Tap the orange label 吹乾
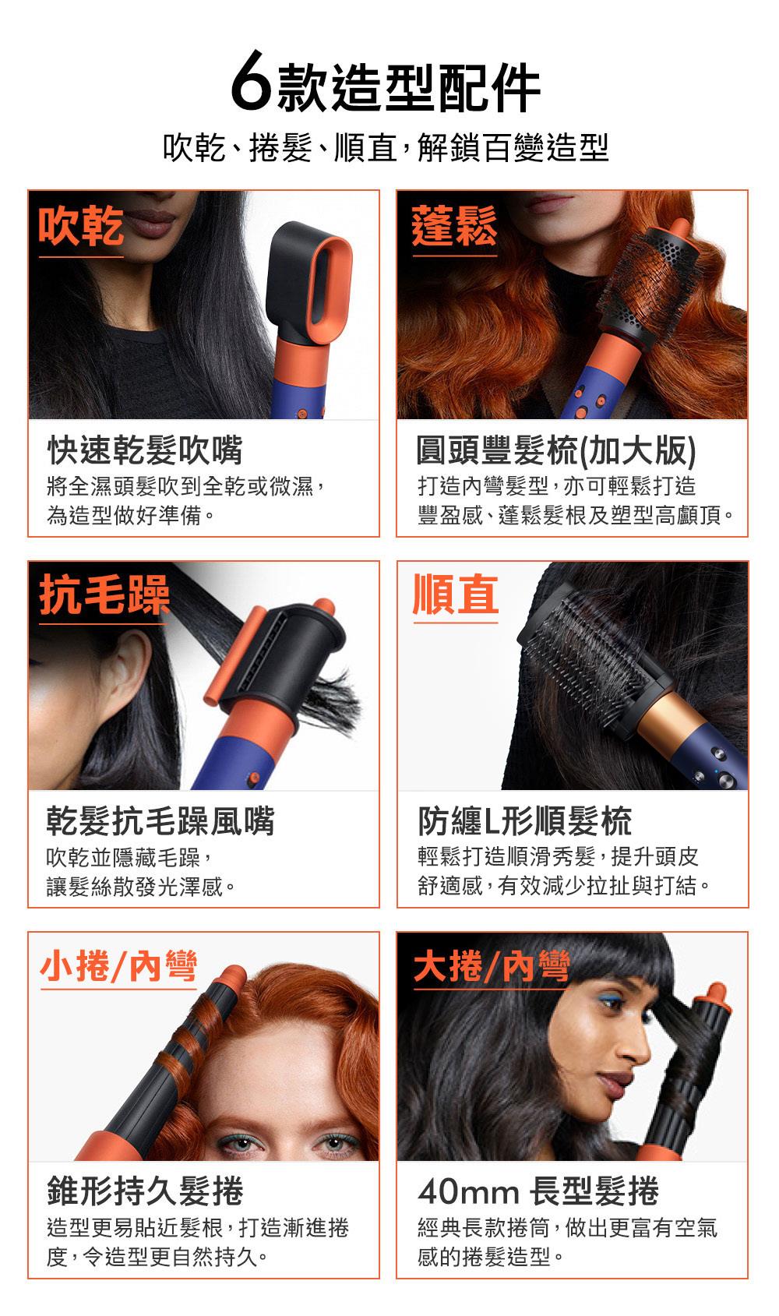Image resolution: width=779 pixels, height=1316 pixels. [81, 226]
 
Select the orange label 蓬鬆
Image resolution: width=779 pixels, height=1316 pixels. [454, 226]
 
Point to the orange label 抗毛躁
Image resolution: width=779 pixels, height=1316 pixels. [104, 595]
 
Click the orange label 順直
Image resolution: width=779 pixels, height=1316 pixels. [455, 594]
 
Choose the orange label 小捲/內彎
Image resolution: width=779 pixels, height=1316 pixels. [118, 966]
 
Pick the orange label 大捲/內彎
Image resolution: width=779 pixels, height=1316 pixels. [492, 966]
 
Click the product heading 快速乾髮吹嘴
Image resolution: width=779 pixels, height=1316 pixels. [145, 450]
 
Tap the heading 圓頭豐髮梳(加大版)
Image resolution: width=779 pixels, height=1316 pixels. [556, 450]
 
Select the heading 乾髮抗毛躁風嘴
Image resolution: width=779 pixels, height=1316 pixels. [160, 820]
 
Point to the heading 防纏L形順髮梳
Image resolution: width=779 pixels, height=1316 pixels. [524, 820]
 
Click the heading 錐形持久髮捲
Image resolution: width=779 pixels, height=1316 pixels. [145, 1191]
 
